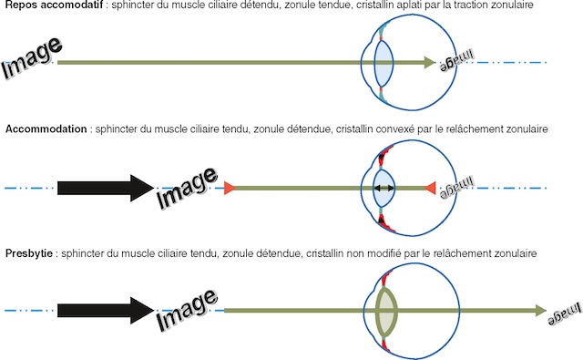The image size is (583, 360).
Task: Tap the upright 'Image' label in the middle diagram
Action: pyautogui.click(x=187, y=186)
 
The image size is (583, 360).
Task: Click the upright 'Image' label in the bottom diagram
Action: pyautogui.click(x=187, y=310)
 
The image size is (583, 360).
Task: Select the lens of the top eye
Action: pyautogui.click(x=384, y=63)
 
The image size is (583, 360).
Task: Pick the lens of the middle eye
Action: pyautogui.click(x=384, y=188)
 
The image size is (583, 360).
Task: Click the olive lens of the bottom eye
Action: pyautogui.click(x=387, y=311)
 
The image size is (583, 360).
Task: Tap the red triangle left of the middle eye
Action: pyautogui.click(x=230, y=188)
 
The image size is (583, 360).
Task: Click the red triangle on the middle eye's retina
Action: pyautogui.click(x=430, y=188)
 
